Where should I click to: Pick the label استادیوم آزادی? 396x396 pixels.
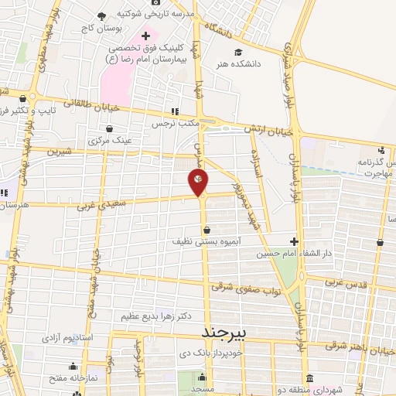pos(71,339)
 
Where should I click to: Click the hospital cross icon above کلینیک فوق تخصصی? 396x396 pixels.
pos(146,34)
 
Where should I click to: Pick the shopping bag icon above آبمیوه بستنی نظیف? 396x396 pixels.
pos(207,230)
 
